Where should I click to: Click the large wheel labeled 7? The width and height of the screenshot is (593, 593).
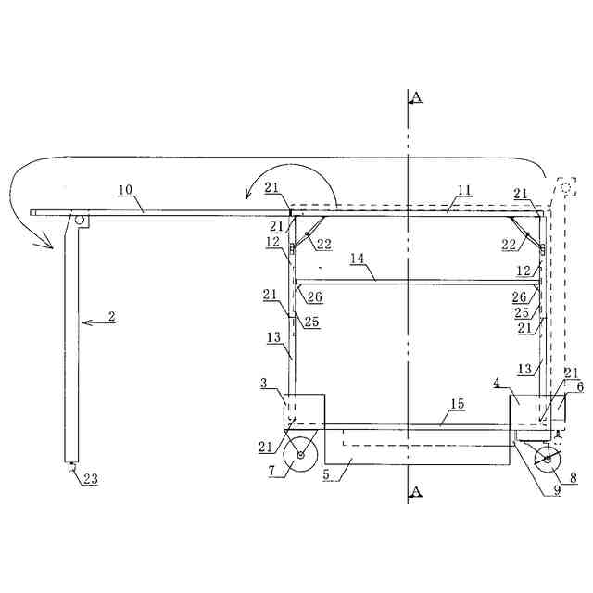(300, 455)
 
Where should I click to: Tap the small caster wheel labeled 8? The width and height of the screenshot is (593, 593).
(547, 460)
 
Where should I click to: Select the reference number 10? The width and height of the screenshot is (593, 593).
(126, 189)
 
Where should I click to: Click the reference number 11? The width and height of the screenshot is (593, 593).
(464, 190)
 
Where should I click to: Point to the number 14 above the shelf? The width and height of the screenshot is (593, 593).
(357, 259)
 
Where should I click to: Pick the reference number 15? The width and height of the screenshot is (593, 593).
(458, 404)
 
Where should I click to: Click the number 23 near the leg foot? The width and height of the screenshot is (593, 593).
(91, 479)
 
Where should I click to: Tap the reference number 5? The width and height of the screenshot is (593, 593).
(326, 474)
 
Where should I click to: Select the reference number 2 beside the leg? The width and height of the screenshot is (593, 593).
(111, 316)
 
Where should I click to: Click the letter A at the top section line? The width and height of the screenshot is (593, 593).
(417, 97)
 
